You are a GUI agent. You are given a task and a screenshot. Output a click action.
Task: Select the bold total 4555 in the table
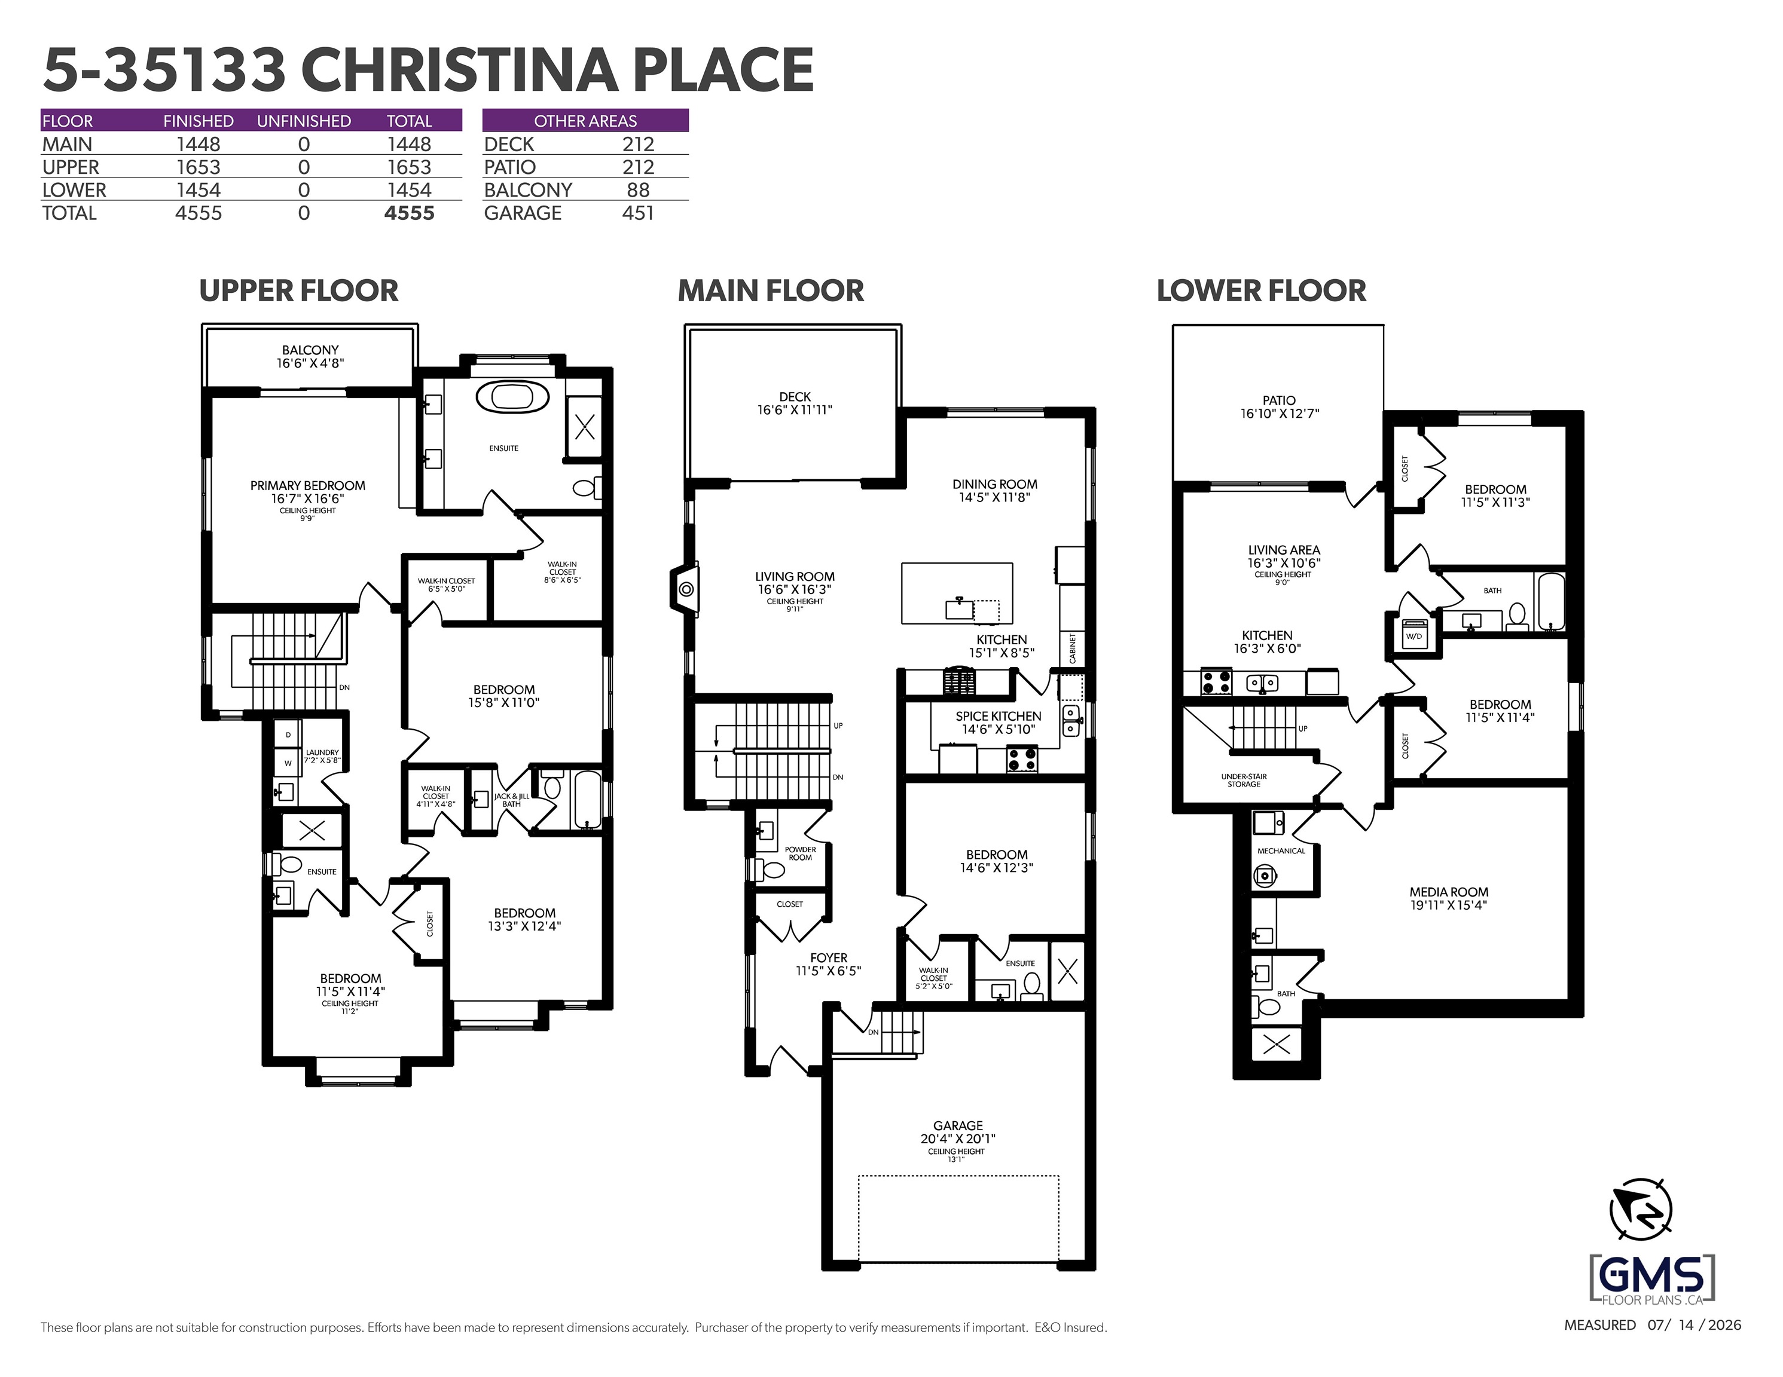[409, 213]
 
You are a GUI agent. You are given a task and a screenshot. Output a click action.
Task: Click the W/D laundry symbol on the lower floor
[1413, 635]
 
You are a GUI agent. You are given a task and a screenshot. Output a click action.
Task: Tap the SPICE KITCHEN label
[999, 716]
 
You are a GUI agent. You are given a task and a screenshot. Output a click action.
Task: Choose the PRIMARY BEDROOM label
[308, 486]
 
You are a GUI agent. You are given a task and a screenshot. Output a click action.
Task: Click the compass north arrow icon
[1641, 1210]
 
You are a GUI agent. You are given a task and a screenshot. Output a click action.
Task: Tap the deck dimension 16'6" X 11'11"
[795, 411]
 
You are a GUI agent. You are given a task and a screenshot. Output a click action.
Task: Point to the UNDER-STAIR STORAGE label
[1244, 781]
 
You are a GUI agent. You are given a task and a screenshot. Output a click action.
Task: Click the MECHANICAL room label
[1281, 850]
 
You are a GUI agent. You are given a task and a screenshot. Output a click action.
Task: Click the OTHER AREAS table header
[585, 121]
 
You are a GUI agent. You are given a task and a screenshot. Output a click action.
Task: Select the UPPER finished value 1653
[199, 167]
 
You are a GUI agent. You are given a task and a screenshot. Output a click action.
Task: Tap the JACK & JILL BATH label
[511, 800]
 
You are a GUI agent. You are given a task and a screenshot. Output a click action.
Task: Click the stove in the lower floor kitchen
[1216, 681]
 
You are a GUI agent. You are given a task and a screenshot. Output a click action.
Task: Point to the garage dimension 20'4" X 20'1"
[958, 1139]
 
